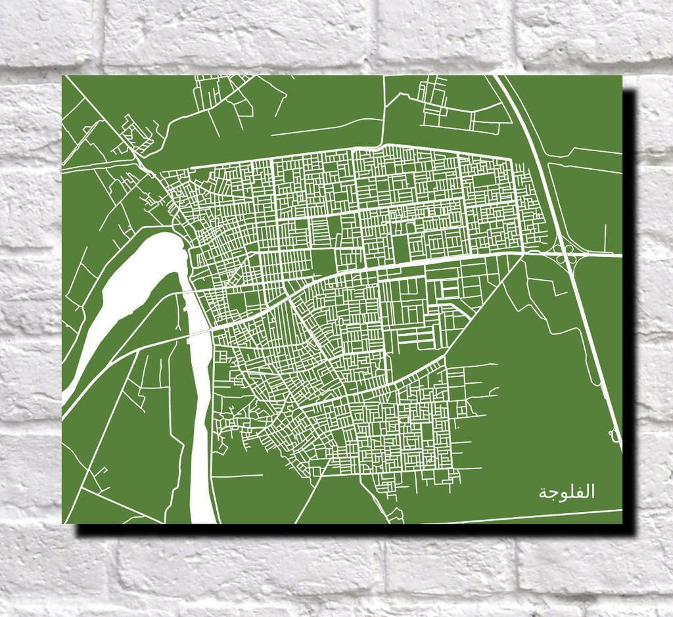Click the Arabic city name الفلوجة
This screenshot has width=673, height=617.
click(567, 492)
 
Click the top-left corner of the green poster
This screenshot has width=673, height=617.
click(63, 76)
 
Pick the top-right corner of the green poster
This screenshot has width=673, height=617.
click(621, 76)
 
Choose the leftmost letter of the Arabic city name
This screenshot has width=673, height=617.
click(544, 493)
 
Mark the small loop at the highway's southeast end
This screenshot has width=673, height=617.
click(615, 434)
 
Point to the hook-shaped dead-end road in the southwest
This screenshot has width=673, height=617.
click(99, 476)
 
